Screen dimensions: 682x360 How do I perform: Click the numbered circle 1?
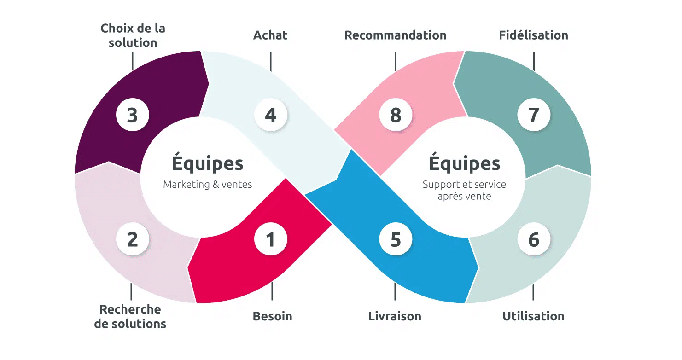271,239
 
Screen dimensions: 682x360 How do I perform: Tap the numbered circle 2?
133,239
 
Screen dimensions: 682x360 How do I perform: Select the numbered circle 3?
133,115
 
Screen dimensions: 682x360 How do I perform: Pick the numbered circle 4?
271,115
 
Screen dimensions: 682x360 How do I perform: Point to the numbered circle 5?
396,239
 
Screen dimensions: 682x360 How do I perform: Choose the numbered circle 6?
534,239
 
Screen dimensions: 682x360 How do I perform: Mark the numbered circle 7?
534,115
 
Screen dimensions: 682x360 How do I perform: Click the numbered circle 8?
396,115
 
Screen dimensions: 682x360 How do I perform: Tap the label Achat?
270,35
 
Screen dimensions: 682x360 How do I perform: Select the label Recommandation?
395,35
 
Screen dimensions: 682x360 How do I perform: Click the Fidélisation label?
533,35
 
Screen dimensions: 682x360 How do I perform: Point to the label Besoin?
273,316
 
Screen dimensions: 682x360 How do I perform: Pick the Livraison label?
395,316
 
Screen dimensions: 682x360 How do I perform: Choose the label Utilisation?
533,316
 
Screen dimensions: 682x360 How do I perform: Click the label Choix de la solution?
133,35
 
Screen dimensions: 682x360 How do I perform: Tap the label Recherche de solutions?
130,316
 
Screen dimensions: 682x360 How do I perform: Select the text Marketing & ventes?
207,185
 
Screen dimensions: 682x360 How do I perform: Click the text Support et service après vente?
464,190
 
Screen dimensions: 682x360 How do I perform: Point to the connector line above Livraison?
395,291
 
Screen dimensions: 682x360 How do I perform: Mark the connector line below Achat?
271,61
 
